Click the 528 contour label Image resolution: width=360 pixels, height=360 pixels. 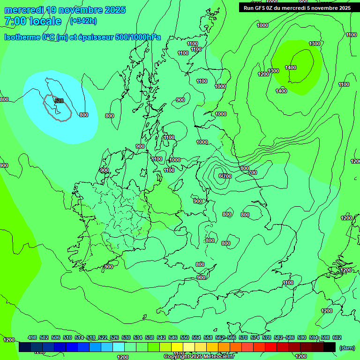point(59,101)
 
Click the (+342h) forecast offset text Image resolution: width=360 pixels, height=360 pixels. point(83,21)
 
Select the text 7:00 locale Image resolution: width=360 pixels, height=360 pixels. point(33,21)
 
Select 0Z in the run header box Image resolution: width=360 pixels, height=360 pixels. point(271,8)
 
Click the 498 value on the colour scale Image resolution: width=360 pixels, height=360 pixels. point(32,337)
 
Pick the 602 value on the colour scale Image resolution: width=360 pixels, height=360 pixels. point(337,337)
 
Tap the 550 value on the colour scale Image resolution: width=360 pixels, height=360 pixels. point(185,337)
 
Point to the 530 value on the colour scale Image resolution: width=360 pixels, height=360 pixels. point(126,337)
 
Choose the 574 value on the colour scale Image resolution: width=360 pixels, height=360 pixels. point(255,337)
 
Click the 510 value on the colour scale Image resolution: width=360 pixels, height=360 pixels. point(67,337)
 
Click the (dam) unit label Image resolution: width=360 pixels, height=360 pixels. point(347,347)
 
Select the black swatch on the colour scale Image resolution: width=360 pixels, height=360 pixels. point(330,347)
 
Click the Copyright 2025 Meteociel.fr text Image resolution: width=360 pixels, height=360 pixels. point(199,357)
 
